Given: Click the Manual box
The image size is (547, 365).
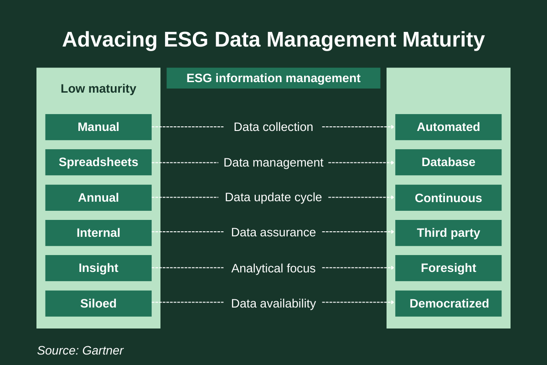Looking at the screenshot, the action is [x=98, y=127].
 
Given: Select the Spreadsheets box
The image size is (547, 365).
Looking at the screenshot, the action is [x=98, y=162].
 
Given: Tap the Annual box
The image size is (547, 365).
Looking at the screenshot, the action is [x=98, y=198].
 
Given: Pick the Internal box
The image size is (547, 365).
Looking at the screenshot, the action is [x=98, y=233].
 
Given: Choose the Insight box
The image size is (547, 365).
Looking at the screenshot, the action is [x=98, y=268].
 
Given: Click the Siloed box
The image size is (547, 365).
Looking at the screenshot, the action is [x=98, y=303].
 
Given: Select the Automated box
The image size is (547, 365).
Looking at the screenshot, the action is [x=448, y=127].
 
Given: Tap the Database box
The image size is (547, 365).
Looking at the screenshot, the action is [x=448, y=162].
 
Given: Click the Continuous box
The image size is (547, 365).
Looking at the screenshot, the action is [x=448, y=198].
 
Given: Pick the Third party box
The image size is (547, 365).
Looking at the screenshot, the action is [x=448, y=233].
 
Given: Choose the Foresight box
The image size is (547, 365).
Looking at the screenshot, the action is [x=448, y=268].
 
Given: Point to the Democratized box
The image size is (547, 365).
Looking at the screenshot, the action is [x=448, y=303].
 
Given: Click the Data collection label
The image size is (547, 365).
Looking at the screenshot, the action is [x=273, y=127].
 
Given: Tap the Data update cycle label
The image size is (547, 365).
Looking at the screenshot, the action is [x=273, y=197].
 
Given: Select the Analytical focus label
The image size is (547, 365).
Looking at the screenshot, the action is [x=273, y=268].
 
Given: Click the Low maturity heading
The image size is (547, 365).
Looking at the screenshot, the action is [x=98, y=89].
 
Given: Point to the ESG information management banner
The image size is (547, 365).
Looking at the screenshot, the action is [x=273, y=78].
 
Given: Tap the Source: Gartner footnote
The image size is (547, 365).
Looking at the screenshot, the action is [x=80, y=350].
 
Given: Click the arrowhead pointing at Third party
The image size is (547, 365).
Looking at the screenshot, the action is [x=392, y=232].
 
